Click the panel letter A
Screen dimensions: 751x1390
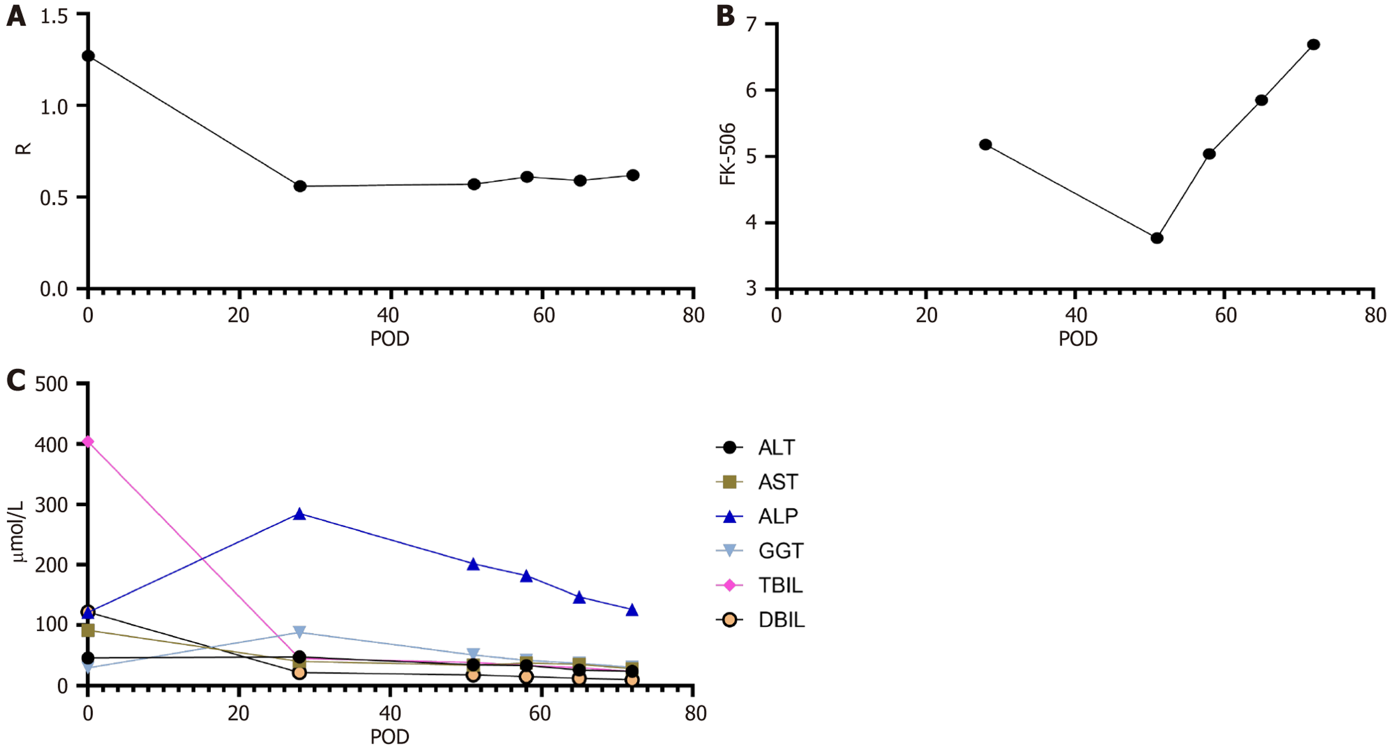(16, 16)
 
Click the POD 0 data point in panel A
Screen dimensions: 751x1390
(88, 56)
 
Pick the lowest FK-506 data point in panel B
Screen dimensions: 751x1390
(1157, 238)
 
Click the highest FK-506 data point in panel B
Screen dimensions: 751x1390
(1314, 44)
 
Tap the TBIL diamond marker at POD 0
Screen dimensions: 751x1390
(88, 442)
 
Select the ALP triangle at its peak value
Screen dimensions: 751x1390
(299, 514)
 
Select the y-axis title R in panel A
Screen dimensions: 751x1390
(23, 149)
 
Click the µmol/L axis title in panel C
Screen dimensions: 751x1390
(18, 532)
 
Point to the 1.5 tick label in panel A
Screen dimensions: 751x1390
(54, 17)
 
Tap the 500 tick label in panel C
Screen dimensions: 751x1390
(52, 384)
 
